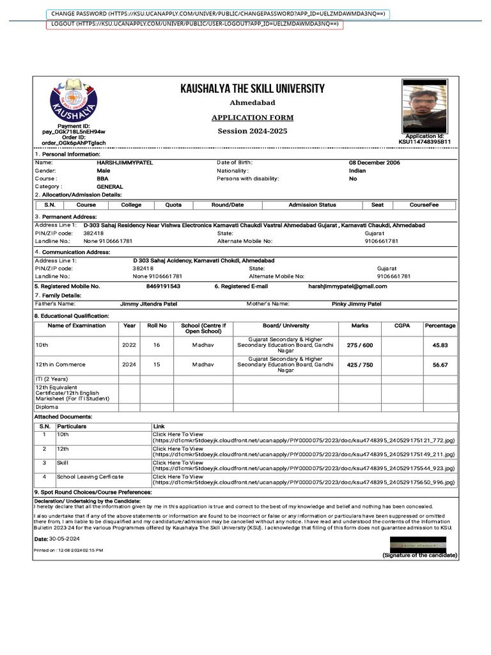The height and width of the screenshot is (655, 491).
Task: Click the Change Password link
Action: (217, 13)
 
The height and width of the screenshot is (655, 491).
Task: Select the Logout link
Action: (194, 24)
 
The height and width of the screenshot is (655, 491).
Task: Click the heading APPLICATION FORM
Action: (253, 118)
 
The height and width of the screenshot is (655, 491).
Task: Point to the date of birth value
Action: (374, 162)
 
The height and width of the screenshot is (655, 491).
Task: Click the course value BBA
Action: (102, 179)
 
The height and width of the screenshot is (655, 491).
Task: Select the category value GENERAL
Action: (110, 187)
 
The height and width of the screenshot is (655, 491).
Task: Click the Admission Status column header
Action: (312, 205)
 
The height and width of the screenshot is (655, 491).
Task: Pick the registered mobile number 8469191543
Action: (163, 287)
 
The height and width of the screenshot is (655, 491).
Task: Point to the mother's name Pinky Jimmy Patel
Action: (356, 304)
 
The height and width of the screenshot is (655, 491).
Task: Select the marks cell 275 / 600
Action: (359, 345)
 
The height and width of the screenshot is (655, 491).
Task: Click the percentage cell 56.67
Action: (440, 365)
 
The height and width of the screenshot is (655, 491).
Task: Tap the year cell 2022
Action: (129, 345)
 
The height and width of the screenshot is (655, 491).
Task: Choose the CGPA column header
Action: (402, 326)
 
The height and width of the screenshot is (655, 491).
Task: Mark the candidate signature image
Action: (423, 544)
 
